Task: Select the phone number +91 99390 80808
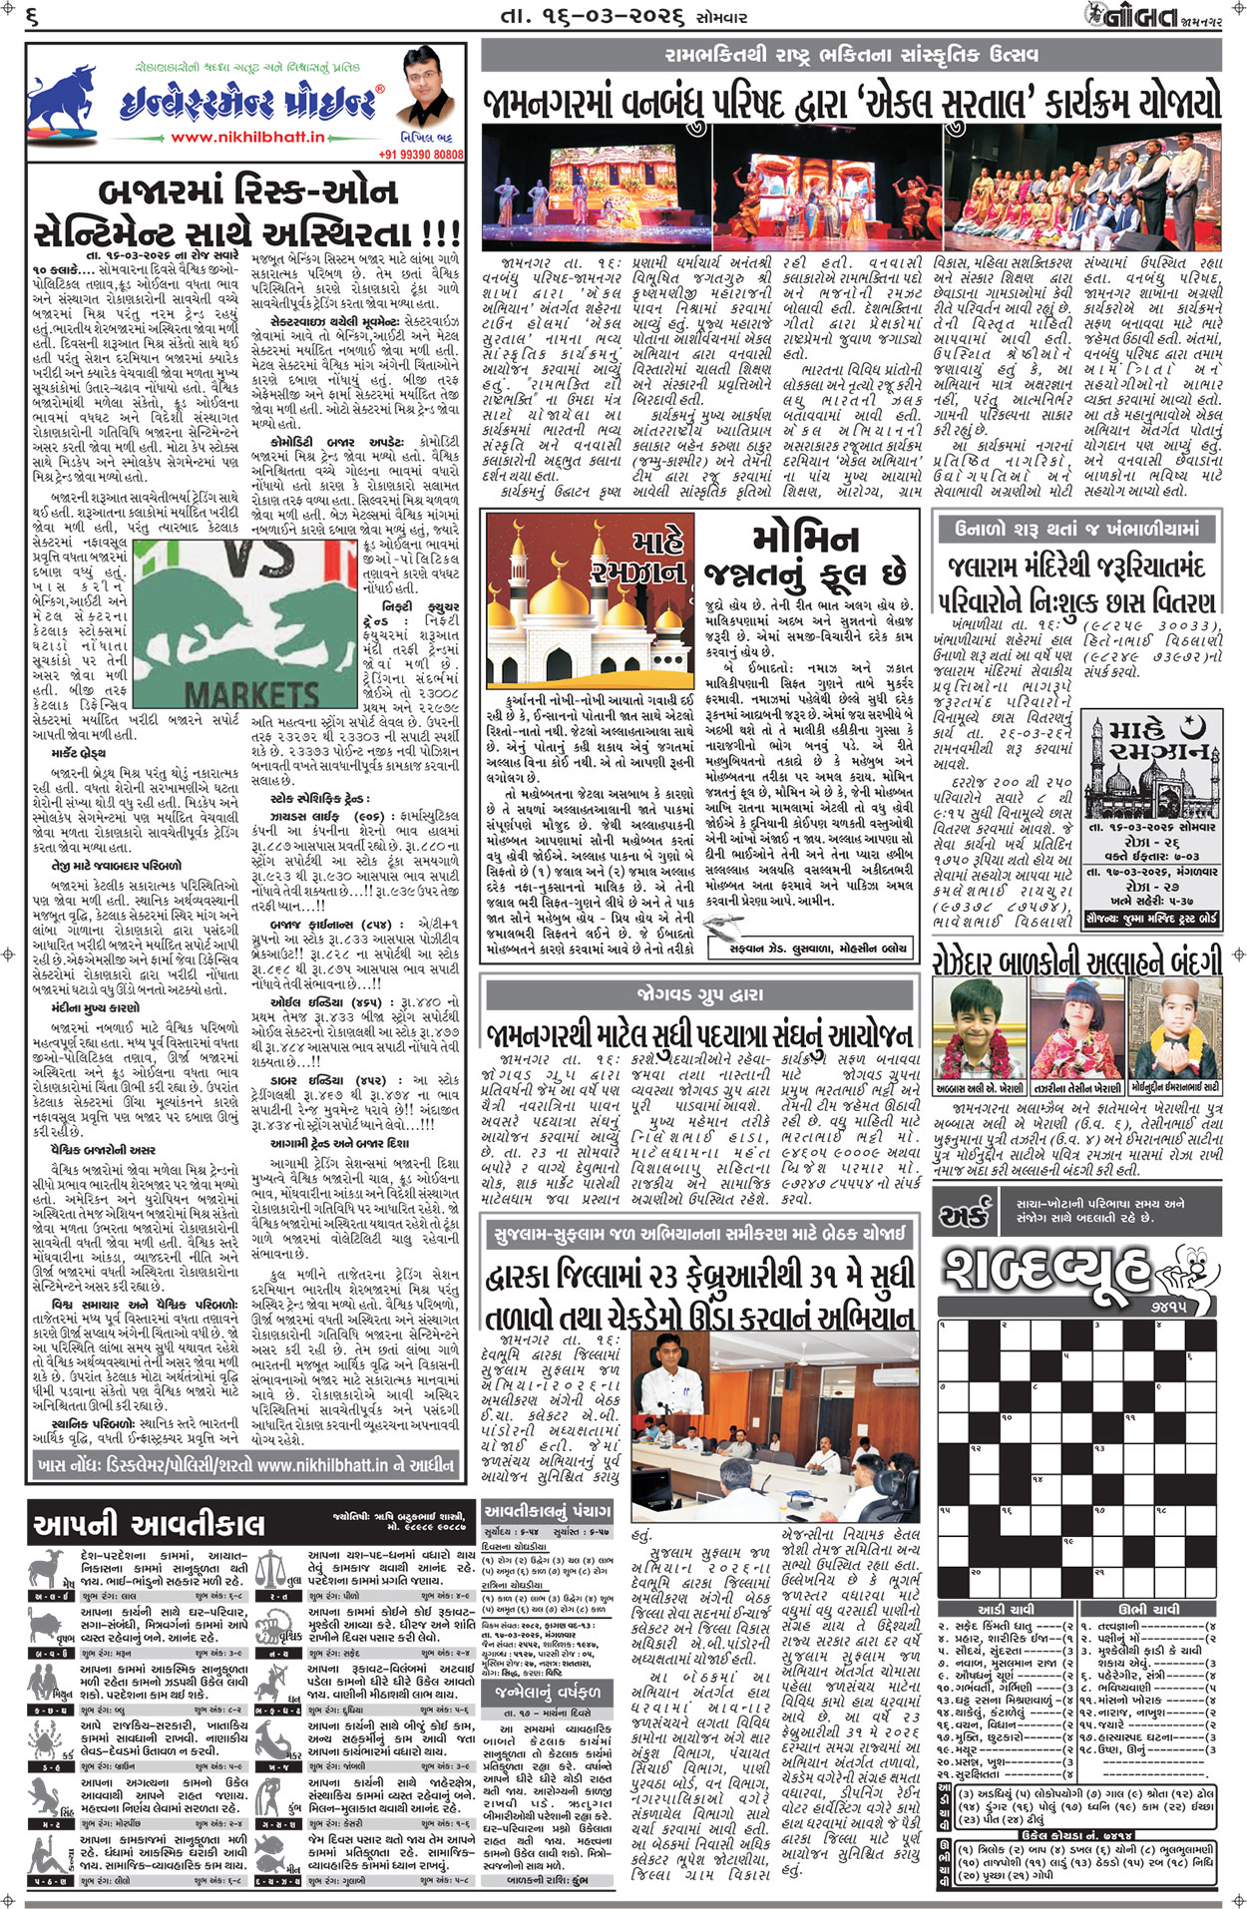coord(420,155)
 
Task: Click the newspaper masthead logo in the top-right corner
coord(1162,17)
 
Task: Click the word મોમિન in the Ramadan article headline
coord(804,540)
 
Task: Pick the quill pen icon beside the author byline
coord(715,947)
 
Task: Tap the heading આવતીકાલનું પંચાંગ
coord(547,1511)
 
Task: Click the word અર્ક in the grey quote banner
coord(965,1215)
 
